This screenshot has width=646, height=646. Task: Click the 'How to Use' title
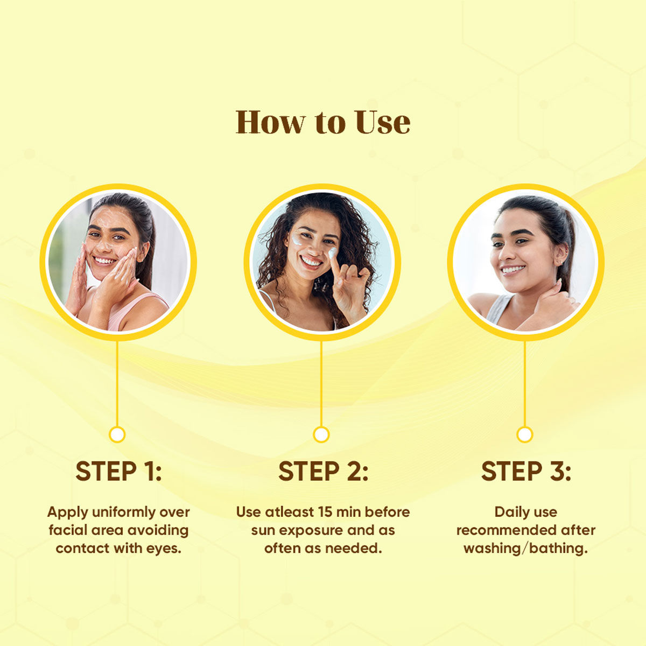coord(323,122)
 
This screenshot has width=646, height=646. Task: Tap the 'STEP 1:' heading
coord(118,472)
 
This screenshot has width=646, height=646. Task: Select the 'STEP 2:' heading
coord(323,472)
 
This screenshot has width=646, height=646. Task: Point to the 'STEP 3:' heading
coord(526,472)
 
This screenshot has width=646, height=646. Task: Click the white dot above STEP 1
coord(117,435)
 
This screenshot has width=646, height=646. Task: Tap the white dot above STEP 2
coord(321,435)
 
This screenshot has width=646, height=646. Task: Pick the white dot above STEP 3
coord(525,435)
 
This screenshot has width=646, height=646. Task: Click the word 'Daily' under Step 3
coord(507,513)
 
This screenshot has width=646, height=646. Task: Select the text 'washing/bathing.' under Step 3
coord(526,549)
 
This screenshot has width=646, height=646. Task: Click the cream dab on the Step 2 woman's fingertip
coord(332,252)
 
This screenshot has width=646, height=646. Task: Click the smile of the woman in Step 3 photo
coord(512,269)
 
